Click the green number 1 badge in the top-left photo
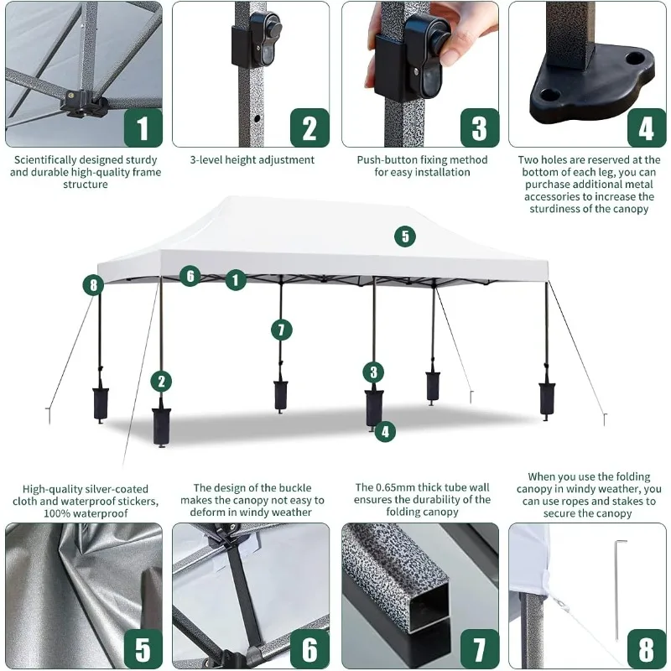tap(143, 128)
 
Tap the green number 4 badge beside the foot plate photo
tap(646, 128)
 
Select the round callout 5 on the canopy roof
tap(405, 237)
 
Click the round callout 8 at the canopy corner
tap(92, 285)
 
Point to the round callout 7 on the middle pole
tap(282, 330)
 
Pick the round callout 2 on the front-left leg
tap(160, 382)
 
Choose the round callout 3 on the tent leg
tap(374, 372)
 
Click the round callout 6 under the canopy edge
tap(190, 275)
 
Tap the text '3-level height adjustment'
tap(252, 159)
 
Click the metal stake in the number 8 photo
tap(616, 587)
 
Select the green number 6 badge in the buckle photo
tap(309, 649)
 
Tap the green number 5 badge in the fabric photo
tap(143, 649)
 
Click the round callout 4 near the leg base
tap(384, 431)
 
